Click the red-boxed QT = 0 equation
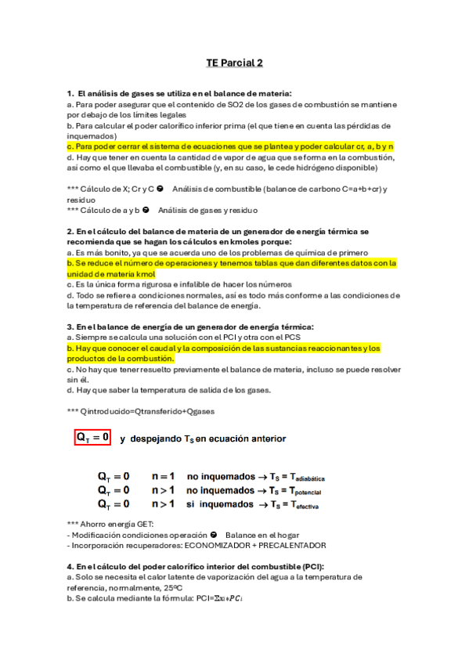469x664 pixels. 92,438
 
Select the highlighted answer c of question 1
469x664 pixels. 230,146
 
